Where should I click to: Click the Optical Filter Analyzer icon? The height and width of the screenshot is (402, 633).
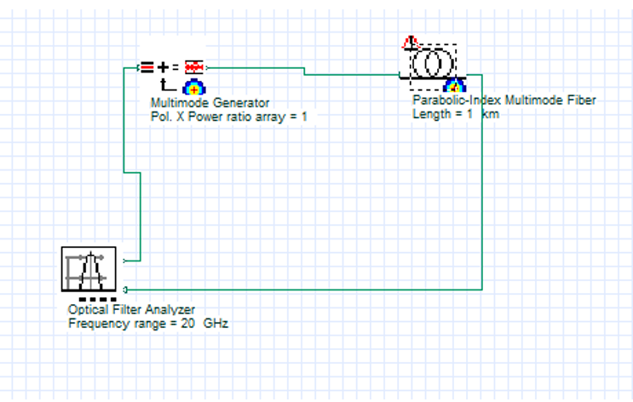click(89, 268)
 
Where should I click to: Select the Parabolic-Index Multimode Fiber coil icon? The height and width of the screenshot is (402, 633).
click(432, 64)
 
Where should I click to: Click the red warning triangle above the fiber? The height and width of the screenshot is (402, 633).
click(410, 42)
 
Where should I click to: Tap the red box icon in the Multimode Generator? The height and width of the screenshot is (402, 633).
click(194, 66)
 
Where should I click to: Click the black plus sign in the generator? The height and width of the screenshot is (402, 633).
click(164, 66)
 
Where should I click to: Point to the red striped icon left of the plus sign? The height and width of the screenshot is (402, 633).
click(147, 66)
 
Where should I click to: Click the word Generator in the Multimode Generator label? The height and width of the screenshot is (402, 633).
click(242, 103)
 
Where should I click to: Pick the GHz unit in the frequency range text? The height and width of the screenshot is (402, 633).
click(215, 324)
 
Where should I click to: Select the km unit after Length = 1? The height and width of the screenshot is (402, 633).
click(491, 114)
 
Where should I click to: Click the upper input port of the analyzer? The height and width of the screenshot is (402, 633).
click(125, 261)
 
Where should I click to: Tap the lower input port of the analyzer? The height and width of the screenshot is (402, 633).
click(125, 290)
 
